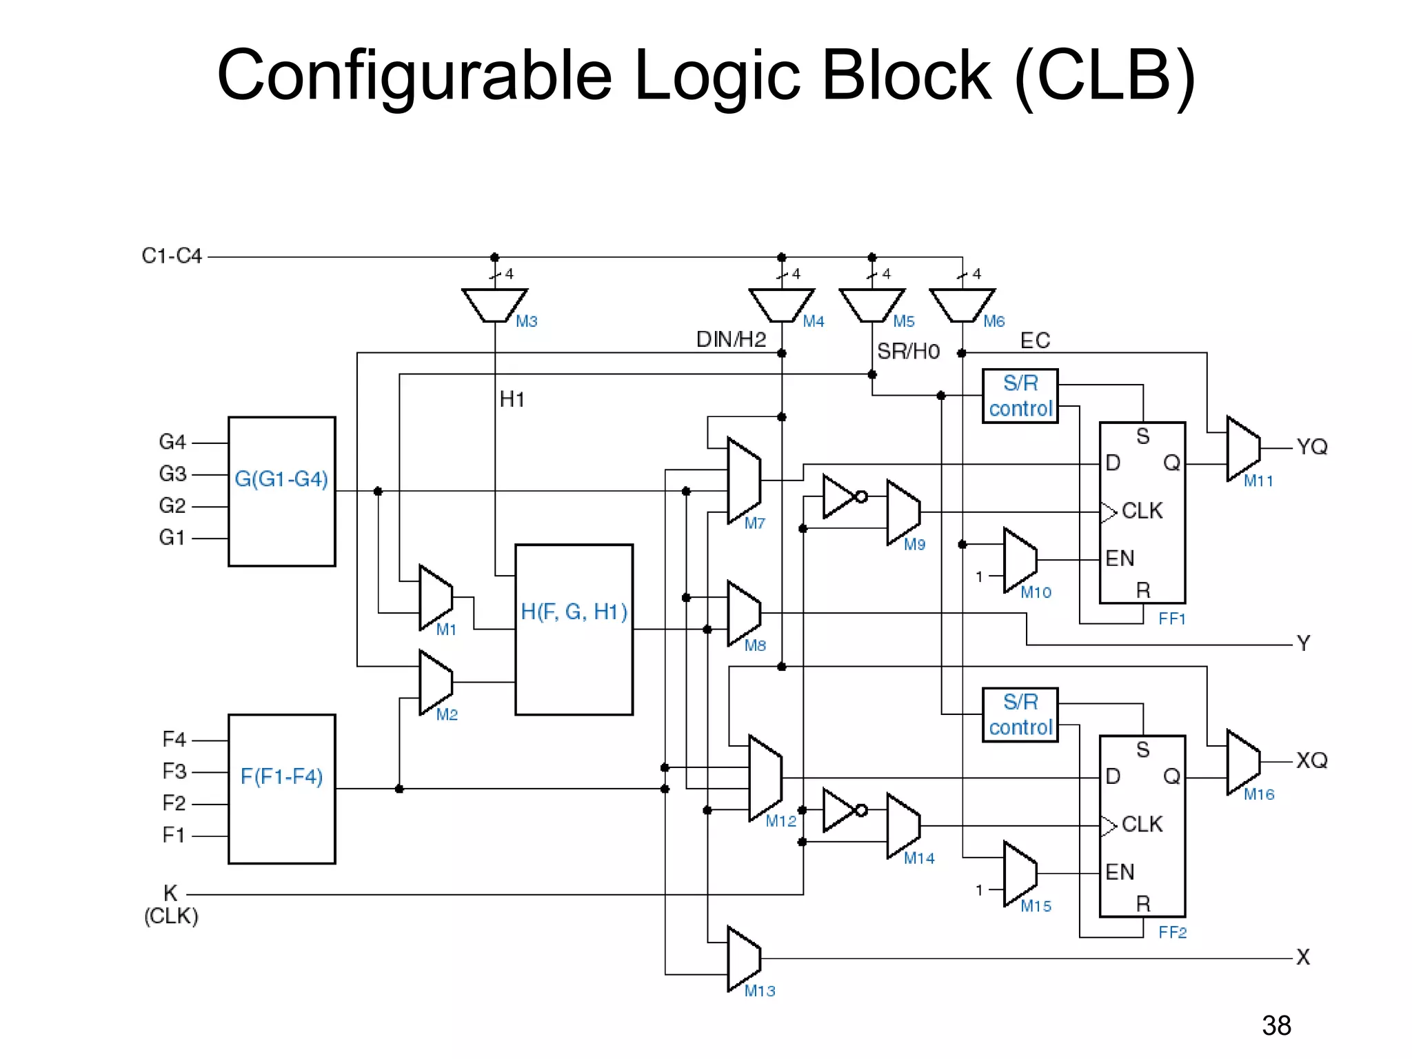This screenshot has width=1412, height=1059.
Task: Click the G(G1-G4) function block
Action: [x=281, y=491]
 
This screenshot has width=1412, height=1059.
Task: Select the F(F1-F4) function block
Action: [x=281, y=788]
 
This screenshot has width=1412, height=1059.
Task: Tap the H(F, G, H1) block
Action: [x=574, y=629]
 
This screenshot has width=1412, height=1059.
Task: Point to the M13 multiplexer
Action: [x=743, y=958]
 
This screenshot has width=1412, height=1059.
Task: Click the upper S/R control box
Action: [x=1020, y=396]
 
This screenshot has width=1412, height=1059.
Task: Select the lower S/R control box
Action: [x=1020, y=714]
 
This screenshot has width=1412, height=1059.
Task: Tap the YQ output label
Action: [x=1311, y=447]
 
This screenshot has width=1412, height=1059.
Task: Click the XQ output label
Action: [x=1311, y=760]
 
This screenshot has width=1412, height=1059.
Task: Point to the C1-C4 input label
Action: [x=172, y=256]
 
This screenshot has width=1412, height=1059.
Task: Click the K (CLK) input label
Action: [x=171, y=904]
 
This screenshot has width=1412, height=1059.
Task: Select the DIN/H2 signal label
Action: [x=731, y=339]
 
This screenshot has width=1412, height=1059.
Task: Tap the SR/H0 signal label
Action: [x=908, y=352]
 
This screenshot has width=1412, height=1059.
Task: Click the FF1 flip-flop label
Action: [x=1171, y=618]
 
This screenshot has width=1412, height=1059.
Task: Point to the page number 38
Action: [x=1276, y=1025]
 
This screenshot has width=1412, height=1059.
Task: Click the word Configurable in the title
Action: [x=414, y=76]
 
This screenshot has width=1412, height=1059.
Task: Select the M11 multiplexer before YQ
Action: [x=1243, y=448]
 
